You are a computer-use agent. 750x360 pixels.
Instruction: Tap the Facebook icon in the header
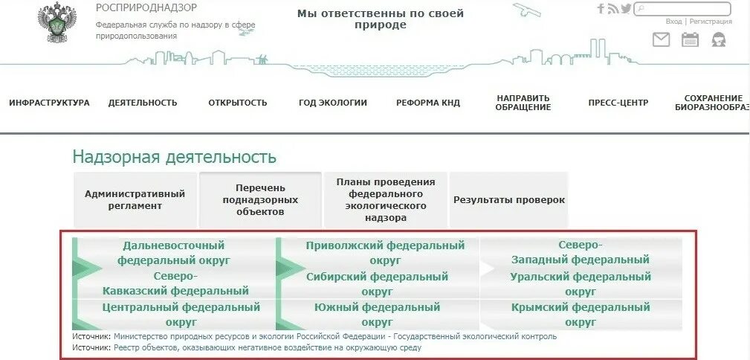pos(601,9)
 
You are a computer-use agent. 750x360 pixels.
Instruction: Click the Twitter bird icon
pos(626,9)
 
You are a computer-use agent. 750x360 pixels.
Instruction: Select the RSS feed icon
pos(612,9)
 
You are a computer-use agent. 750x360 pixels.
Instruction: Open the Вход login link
pos(673,22)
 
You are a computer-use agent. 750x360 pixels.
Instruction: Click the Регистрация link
pos(711,22)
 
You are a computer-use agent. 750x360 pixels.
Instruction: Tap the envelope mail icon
pos(661,40)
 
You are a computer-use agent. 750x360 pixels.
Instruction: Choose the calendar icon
pos(691,40)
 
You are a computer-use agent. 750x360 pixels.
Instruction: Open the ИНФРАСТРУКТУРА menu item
pos(49,103)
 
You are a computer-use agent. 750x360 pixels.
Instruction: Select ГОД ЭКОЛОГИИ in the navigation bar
pos(333,103)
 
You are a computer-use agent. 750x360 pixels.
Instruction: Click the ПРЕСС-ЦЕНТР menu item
pos(618,103)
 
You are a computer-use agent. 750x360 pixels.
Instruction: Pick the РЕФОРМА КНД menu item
pos(428,103)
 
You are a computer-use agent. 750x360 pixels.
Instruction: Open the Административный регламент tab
pos(135,199)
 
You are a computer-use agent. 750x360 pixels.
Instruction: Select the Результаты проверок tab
pos(509,199)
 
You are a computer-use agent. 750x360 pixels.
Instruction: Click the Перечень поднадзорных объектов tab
pos(260,199)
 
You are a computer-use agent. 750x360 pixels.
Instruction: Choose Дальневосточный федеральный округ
pos(174,253)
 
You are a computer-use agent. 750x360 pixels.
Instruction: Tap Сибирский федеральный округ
pos(378,284)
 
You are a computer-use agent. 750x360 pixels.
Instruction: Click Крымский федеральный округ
pos(581,315)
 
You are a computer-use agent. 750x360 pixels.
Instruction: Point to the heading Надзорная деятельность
pos(174,157)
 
